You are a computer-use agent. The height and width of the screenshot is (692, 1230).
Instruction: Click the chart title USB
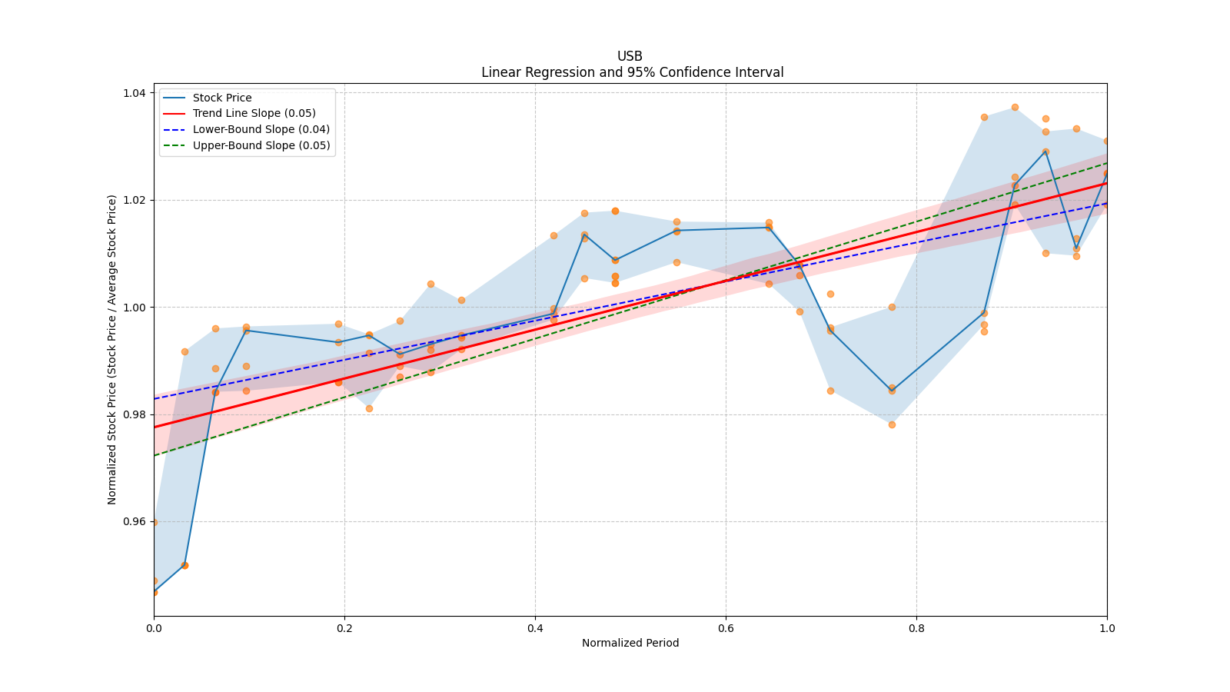[x=630, y=56]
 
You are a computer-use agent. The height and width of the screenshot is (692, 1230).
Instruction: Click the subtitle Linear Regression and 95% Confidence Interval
[x=632, y=72]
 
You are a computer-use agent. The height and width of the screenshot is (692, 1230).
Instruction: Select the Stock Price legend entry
[x=222, y=98]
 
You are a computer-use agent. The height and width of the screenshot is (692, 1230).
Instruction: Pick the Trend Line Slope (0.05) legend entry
[x=254, y=114]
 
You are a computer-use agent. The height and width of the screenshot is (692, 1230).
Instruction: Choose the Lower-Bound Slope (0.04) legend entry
[x=261, y=129]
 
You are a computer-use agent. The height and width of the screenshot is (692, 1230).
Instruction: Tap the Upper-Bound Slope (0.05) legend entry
[x=261, y=145]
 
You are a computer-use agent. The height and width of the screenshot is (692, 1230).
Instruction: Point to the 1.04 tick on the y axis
[x=135, y=93]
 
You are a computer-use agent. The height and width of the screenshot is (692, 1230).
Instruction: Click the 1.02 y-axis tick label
[x=135, y=200]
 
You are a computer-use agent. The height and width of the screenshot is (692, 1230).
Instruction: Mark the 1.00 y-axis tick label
[x=135, y=308]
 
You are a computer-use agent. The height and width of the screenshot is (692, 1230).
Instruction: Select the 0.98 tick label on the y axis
[x=135, y=414]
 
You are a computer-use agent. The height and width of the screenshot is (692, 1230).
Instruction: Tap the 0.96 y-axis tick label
[x=135, y=521]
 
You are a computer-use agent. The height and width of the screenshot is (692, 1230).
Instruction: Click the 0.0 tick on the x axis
[x=154, y=627]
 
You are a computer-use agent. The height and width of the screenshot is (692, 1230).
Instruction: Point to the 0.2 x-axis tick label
[x=344, y=627]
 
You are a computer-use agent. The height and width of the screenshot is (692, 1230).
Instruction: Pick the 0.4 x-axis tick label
[x=535, y=627]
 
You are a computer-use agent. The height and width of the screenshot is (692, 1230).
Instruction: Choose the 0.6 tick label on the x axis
[x=726, y=627]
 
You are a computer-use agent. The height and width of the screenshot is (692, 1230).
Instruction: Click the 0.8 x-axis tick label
[x=916, y=627]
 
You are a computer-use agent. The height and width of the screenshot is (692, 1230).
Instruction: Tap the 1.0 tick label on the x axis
[x=1107, y=627]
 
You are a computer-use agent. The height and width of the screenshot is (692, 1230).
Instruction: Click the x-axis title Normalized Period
[x=630, y=643]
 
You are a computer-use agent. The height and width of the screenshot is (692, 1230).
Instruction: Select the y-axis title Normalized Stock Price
[x=112, y=349]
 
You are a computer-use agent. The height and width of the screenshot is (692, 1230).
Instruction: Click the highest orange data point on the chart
[x=1015, y=107]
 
